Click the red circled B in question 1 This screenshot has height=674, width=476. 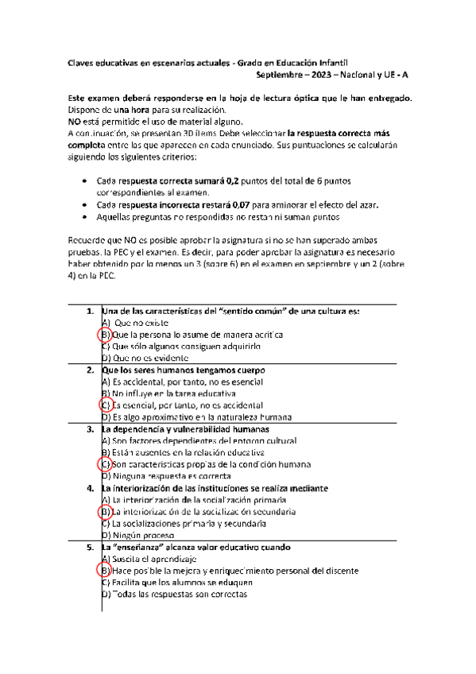tap(105, 335)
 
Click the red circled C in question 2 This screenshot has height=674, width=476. tap(105, 405)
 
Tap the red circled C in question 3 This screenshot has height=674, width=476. tap(105, 463)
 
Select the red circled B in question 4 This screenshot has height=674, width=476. tap(105, 512)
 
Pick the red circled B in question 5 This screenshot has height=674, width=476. tap(105, 571)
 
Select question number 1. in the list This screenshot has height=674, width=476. tap(91, 311)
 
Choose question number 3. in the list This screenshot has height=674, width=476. tap(91, 428)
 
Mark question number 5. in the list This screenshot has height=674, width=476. tap(91, 547)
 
